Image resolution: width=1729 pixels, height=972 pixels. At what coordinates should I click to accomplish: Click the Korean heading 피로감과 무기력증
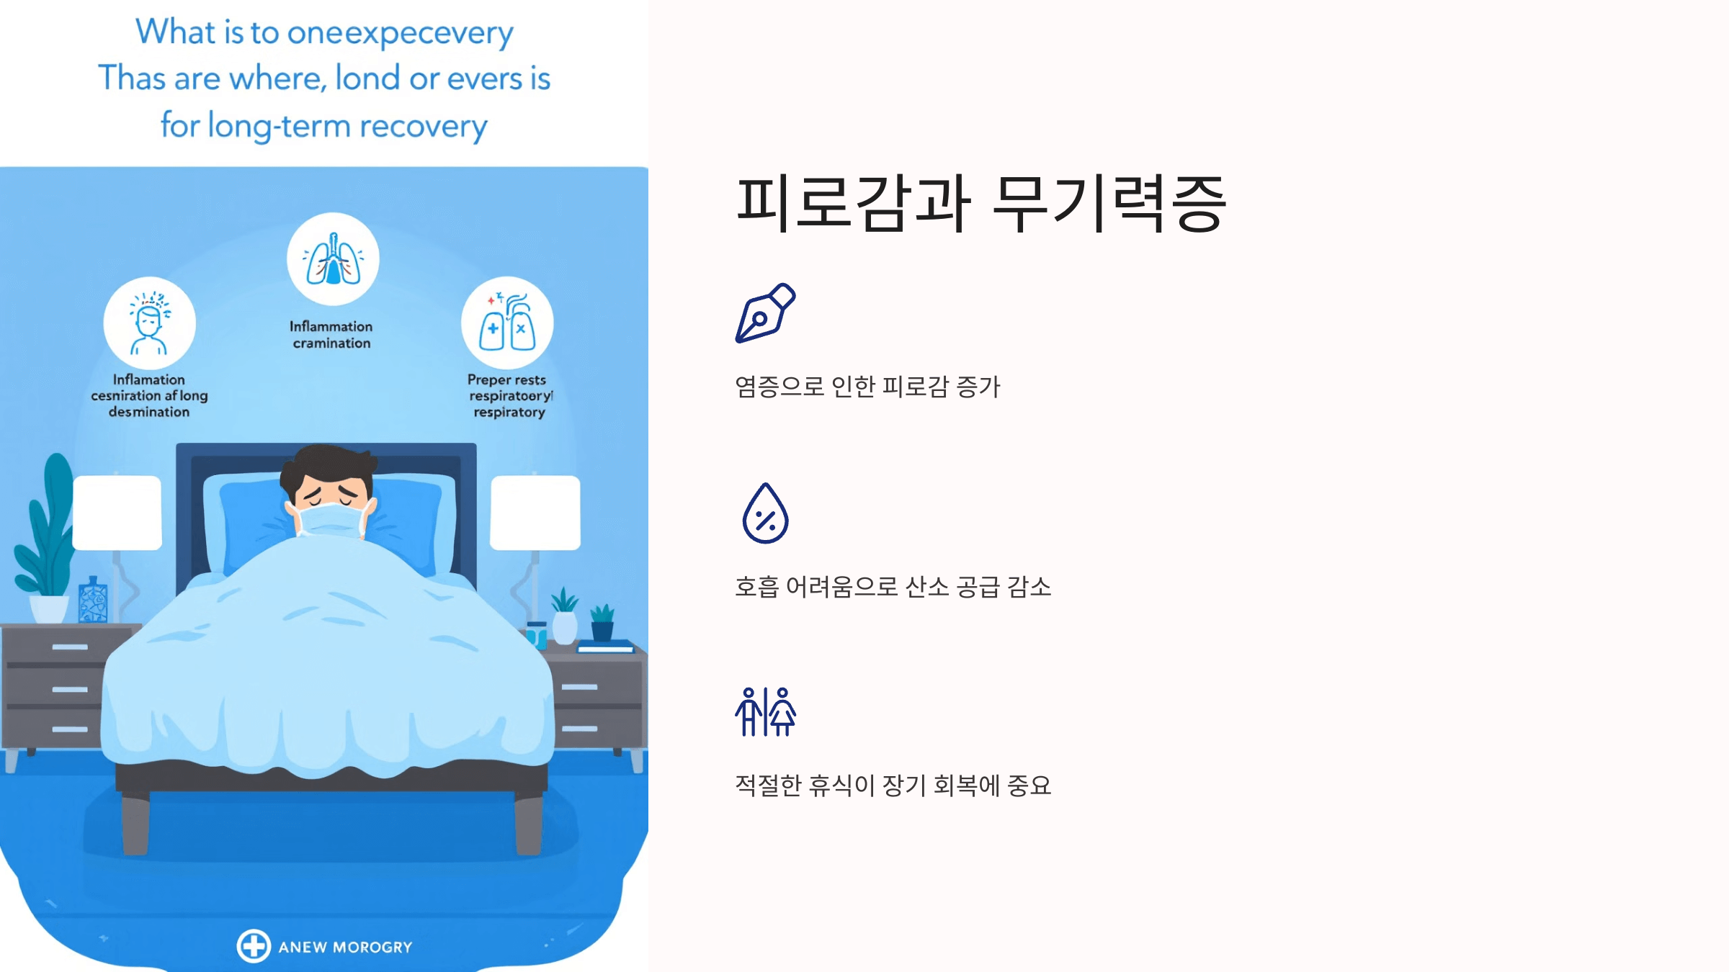click(980, 204)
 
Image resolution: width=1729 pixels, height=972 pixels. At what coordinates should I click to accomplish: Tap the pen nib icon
click(765, 313)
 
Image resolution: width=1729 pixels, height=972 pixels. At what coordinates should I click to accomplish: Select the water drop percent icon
click(765, 513)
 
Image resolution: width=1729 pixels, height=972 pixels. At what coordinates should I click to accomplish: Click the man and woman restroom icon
click(765, 711)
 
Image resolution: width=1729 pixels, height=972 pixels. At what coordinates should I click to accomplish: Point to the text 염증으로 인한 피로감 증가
click(867, 387)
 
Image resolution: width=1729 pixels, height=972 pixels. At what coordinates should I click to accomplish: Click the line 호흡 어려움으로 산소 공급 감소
click(893, 587)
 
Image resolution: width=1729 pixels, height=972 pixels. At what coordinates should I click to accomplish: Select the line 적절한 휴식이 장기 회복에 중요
click(893, 786)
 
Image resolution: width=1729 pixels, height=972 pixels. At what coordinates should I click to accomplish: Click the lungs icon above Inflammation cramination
click(333, 259)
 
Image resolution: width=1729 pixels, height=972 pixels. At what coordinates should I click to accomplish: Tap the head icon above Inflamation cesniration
click(149, 323)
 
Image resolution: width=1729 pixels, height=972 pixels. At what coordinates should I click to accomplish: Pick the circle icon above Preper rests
click(507, 323)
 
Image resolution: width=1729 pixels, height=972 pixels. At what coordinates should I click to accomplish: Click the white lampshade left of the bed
click(117, 512)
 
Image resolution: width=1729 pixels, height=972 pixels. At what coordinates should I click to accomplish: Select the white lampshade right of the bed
click(535, 512)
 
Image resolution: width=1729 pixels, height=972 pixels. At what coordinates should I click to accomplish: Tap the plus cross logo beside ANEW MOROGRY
click(254, 946)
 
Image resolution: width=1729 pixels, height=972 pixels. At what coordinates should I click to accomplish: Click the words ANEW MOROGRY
click(345, 948)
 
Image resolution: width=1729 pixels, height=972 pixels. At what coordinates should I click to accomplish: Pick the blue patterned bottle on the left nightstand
click(93, 600)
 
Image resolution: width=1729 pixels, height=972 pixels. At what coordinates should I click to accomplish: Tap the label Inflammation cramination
click(331, 335)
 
